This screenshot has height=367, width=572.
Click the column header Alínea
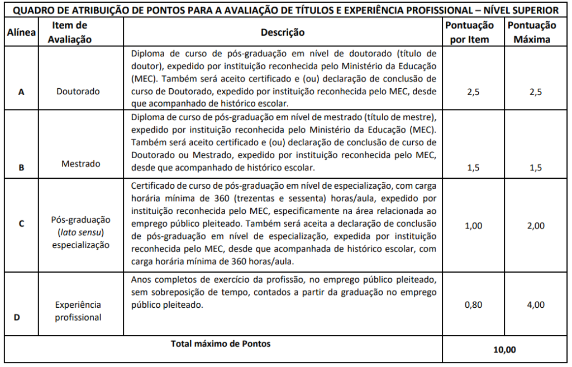pos(21,33)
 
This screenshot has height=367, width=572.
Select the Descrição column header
pos(283,32)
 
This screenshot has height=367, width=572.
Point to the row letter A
pos(21,93)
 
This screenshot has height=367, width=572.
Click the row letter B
pos(21,166)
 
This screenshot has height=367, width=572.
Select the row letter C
pos(21,223)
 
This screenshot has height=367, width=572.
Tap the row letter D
pos(17,317)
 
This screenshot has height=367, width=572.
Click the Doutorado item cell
pos(78,92)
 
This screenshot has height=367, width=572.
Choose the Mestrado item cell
pos(81,164)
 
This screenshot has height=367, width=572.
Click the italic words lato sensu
pos(82,232)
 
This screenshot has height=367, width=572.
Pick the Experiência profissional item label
pos(78,311)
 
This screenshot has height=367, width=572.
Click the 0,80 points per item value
pos(473,305)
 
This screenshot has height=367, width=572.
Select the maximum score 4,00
pos(535,305)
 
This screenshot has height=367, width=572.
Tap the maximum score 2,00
pos(535,226)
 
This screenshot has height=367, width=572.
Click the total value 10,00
pos(504,350)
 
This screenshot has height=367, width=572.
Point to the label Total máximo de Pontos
pos(221,344)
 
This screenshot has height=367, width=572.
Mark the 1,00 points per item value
pos(473,226)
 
